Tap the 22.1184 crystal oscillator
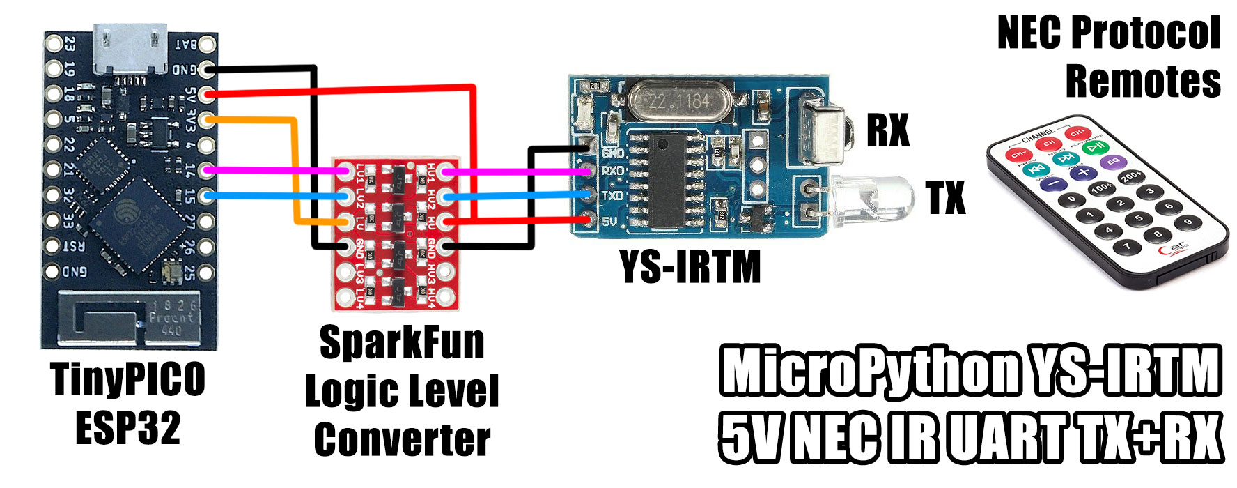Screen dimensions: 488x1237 point(678,100)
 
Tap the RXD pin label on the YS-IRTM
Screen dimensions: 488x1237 point(613,171)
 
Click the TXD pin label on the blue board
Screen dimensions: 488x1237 point(613,196)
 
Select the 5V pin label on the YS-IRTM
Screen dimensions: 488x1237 point(609,222)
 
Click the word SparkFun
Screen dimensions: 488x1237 point(402,342)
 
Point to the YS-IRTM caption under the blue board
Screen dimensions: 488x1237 point(690,268)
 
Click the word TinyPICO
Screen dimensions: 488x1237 point(128,380)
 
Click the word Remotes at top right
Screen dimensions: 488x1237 point(1143,82)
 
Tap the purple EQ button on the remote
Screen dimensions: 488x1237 point(1113,162)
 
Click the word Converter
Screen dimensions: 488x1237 point(402,439)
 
